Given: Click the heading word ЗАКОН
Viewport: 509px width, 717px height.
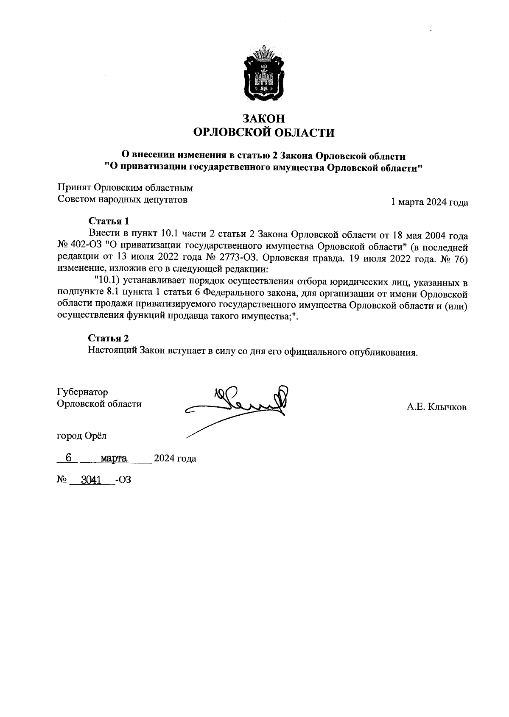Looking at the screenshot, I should pyautogui.click(x=263, y=118).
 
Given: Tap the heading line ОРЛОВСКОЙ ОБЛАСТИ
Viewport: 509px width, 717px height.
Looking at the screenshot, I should pyautogui.click(x=263, y=133).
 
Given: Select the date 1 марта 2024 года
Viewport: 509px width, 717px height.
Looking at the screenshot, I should pyautogui.click(x=429, y=202).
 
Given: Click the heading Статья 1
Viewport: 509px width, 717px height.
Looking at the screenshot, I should pyautogui.click(x=108, y=221).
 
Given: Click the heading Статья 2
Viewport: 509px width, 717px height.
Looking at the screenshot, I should pyautogui.click(x=108, y=338).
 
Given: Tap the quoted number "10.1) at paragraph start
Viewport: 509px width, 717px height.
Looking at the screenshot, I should pyautogui.click(x=108, y=281).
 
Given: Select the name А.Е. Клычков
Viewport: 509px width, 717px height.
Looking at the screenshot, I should pyautogui.click(x=436, y=408).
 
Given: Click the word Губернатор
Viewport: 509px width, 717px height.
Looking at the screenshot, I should pyautogui.click(x=83, y=392).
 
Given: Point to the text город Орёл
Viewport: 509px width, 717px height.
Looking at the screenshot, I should pyautogui.click(x=82, y=435).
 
